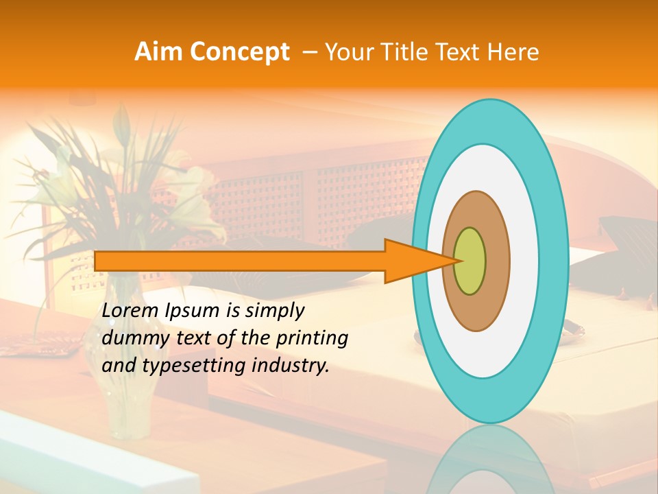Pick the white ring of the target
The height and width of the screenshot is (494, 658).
[x=521, y=261]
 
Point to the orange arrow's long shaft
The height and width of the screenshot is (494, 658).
[x=240, y=261]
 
